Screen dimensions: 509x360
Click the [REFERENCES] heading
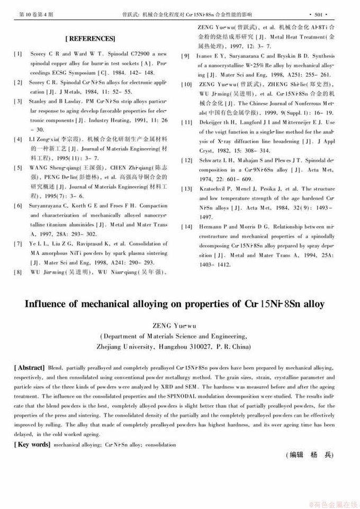click(x=90, y=39)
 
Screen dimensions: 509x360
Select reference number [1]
click(x=19, y=54)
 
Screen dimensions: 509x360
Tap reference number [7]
click(x=19, y=243)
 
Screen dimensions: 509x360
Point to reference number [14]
click(x=186, y=226)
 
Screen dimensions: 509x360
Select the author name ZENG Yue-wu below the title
click(x=180, y=326)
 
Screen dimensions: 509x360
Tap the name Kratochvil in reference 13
click(x=212, y=189)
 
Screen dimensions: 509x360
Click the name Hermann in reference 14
click(x=210, y=226)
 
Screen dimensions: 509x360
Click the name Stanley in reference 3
click(x=39, y=101)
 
